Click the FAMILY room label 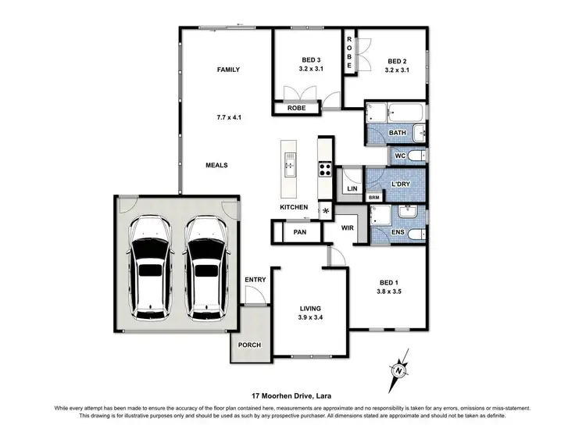(x=228, y=70)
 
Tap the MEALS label (x=216, y=165)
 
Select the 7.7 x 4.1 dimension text (x=228, y=118)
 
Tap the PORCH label (x=248, y=345)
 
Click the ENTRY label (x=254, y=280)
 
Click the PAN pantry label (x=298, y=232)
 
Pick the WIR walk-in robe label (x=348, y=228)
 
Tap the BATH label (x=398, y=134)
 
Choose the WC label (x=398, y=156)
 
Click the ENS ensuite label (x=398, y=232)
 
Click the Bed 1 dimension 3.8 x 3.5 (x=388, y=292)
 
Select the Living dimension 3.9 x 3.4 (x=310, y=319)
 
